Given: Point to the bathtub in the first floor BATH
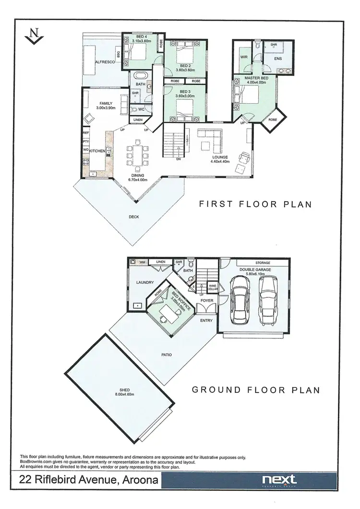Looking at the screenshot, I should point(141,76).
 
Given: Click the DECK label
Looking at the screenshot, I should point(134,217).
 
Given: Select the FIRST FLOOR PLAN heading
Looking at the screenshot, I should point(255,204).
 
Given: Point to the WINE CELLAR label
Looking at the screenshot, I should point(213,288).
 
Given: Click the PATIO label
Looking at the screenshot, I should point(167,355).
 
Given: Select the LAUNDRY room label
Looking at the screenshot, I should point(144,282).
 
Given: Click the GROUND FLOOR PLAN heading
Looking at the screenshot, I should point(256,390).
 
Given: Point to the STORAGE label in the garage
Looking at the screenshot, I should point(263,263).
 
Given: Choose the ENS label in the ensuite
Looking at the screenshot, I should point(277,59).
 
